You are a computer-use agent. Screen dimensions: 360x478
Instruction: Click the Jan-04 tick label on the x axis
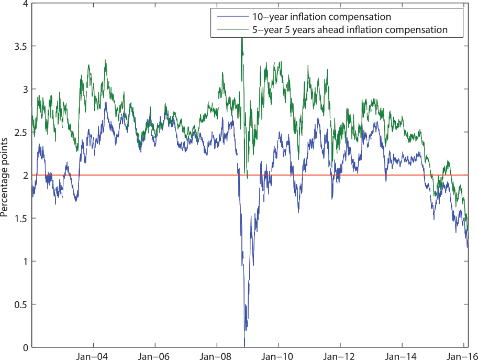click(x=93, y=354)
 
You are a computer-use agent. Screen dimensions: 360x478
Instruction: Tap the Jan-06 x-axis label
click(x=154, y=354)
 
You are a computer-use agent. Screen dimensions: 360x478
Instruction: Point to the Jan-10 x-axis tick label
click(x=278, y=354)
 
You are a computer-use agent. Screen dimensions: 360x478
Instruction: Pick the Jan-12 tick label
click(x=340, y=354)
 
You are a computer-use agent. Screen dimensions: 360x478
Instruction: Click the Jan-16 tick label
click(x=462, y=354)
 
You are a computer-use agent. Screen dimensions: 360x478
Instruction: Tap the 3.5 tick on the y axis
click(x=21, y=47)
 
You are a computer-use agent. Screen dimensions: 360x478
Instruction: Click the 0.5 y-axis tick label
click(x=21, y=304)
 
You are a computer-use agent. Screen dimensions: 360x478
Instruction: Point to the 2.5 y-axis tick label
click(x=21, y=133)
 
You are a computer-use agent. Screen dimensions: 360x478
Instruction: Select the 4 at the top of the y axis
click(x=26, y=4)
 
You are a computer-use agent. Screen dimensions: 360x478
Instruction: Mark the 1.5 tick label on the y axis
click(x=21, y=219)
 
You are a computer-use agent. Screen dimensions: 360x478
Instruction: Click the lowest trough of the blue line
click(x=244, y=343)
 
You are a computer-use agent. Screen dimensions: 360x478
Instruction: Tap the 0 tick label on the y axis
click(x=26, y=347)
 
